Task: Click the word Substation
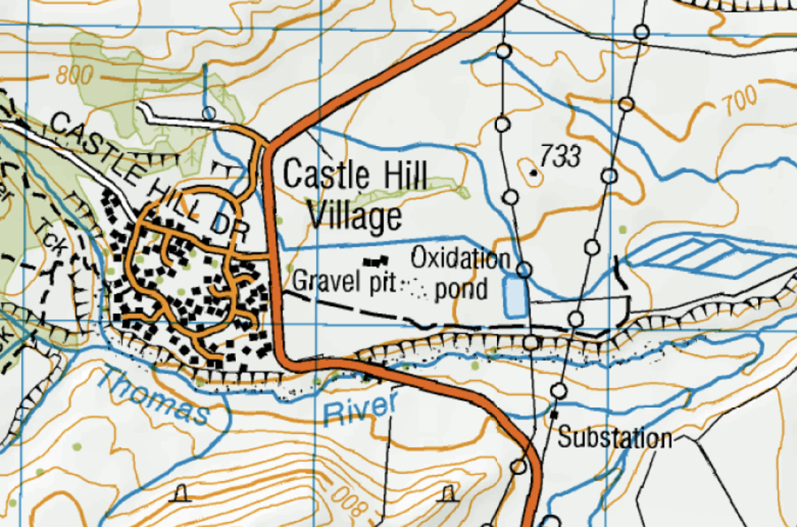pyautogui.click(x=614, y=439)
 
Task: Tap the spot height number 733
pyautogui.click(x=560, y=156)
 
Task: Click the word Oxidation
pyautogui.click(x=460, y=258)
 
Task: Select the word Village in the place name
pyautogui.click(x=355, y=217)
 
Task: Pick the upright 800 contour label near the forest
pyautogui.click(x=74, y=76)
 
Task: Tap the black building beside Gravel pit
pyautogui.click(x=375, y=262)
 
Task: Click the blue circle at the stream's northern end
pyautogui.click(x=209, y=112)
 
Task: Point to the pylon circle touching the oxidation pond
pyautogui.click(x=524, y=270)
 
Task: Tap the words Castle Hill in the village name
pyautogui.click(x=355, y=175)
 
